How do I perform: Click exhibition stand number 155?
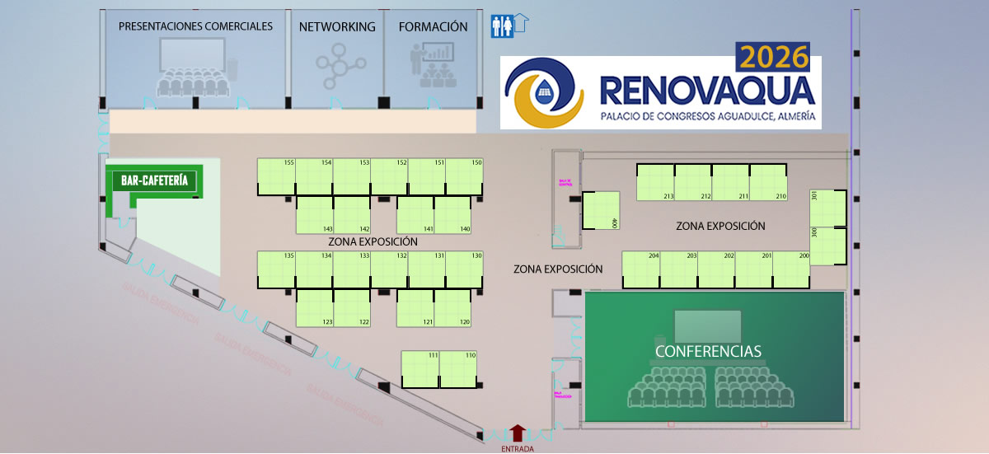click(x=276, y=176)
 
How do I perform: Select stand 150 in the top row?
click(x=464, y=176)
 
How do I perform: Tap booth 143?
click(x=314, y=214)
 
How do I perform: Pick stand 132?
click(x=389, y=269)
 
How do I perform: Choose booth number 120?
click(x=452, y=307)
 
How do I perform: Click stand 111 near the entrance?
click(x=420, y=368)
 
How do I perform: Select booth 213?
click(x=655, y=182)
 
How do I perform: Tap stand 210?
click(x=768, y=182)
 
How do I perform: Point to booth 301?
click(x=827, y=208)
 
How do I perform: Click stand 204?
click(x=640, y=269)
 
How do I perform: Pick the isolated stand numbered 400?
click(x=601, y=211)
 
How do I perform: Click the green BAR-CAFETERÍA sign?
click(x=154, y=180)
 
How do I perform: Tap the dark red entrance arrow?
click(x=517, y=433)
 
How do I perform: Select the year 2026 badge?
click(x=774, y=58)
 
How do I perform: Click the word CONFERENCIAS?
click(x=708, y=351)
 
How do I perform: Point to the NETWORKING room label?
click(x=337, y=26)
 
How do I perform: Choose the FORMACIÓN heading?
click(x=433, y=26)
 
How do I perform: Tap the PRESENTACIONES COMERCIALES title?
click(x=195, y=26)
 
